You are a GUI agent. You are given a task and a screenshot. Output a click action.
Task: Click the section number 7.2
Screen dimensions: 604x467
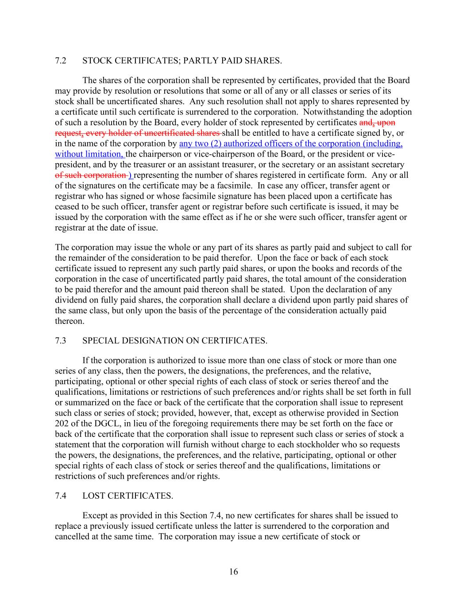coord(61,61)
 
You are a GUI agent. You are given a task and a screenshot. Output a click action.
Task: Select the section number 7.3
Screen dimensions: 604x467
coord(61,341)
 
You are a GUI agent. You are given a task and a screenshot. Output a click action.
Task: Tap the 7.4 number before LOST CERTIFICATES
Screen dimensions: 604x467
coord(61,496)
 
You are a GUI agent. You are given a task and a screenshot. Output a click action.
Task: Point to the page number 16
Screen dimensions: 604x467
coord(233,572)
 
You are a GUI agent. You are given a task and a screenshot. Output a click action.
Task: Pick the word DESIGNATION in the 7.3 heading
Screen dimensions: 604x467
coord(142,341)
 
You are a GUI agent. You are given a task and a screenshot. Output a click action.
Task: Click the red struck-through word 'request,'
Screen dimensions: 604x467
coord(68,133)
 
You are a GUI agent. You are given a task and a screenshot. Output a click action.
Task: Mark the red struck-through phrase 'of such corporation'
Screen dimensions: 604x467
coord(90,175)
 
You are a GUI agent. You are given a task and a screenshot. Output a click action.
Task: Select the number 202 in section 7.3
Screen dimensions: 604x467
coord(62,424)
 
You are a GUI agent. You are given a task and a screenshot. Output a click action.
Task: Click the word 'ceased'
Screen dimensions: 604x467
coord(66,207)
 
